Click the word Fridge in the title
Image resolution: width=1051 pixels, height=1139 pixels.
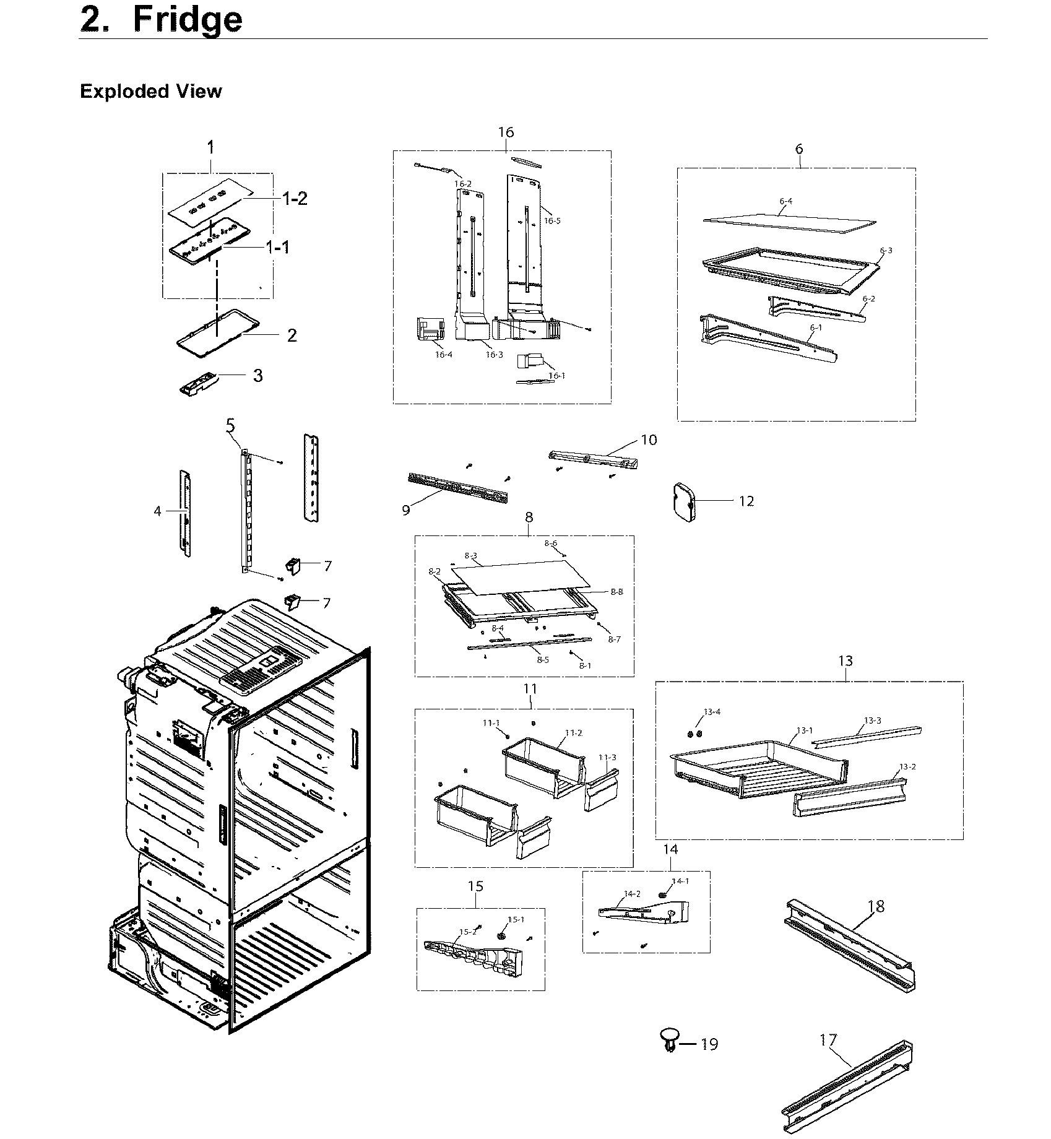[x=188, y=20]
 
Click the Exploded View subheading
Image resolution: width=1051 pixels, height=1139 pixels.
[x=150, y=92]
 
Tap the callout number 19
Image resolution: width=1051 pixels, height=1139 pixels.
[x=709, y=1044]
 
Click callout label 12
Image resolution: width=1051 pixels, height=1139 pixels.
[x=746, y=501]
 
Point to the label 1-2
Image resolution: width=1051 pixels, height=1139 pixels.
[x=295, y=199]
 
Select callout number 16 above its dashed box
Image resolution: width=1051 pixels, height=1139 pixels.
[x=506, y=132]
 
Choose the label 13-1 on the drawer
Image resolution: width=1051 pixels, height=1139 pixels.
[x=805, y=730]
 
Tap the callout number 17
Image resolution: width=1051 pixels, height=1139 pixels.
[x=828, y=1040]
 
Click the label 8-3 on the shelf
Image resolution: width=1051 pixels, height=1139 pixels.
[x=470, y=556]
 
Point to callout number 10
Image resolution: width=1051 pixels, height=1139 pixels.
[x=649, y=440]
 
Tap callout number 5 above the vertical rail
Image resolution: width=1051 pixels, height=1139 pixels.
[x=230, y=426]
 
